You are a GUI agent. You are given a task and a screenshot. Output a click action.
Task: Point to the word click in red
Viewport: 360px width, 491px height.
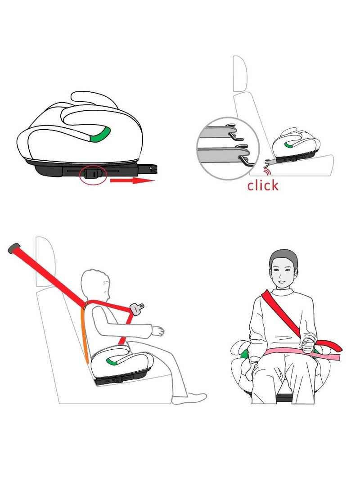coord(262,185)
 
